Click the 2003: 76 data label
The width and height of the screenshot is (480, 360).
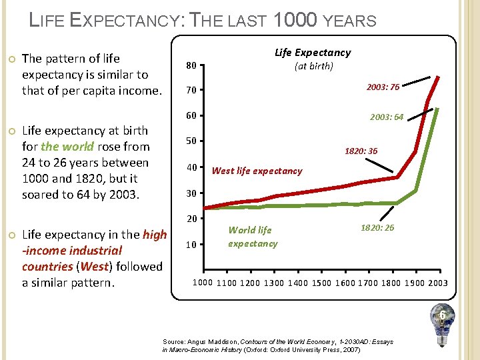tap(383, 87)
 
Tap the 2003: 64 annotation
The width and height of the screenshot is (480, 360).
tap(387, 117)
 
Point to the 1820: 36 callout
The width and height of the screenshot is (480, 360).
tap(361, 151)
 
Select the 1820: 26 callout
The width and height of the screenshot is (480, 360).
tap(377, 228)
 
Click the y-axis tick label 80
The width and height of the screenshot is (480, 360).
tap(191, 66)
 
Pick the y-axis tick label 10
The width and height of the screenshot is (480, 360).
tap(191, 245)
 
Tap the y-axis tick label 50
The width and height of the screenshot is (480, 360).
tap(191, 141)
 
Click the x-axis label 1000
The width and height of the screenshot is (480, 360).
tap(203, 283)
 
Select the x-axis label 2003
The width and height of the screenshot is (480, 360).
tap(437, 283)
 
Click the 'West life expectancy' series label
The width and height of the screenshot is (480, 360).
tap(257, 171)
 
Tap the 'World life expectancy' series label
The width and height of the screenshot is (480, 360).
tap(251, 237)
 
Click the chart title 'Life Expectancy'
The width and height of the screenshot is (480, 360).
tap(313, 53)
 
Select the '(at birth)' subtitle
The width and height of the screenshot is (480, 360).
tap(313, 66)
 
